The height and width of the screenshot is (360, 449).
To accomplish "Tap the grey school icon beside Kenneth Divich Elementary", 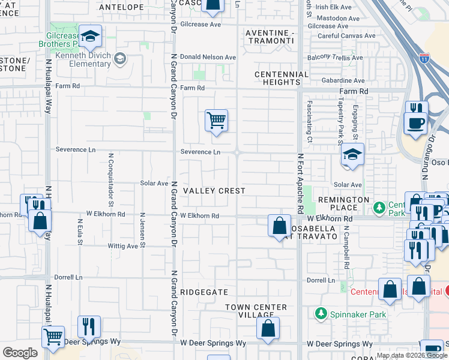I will click(x=121, y=58).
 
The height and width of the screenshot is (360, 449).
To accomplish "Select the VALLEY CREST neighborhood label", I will click(x=214, y=191).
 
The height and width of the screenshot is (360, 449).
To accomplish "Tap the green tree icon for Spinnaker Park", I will click(x=321, y=314).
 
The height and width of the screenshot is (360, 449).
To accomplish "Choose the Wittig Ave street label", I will click(x=122, y=246).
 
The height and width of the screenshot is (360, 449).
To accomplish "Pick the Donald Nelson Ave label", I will click(x=208, y=57).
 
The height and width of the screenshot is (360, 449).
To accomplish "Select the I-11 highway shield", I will click(x=424, y=58).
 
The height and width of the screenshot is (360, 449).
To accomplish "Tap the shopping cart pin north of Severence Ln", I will click(x=216, y=121).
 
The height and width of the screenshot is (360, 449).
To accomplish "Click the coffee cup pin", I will click(x=415, y=124).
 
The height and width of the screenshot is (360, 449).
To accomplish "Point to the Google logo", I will click(x=19, y=353).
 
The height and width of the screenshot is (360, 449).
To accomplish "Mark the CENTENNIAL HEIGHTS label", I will click(x=282, y=78).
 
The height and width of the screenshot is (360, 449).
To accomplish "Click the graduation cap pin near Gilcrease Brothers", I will click(x=90, y=38).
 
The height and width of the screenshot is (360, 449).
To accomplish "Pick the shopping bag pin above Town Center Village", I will click(x=268, y=328).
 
